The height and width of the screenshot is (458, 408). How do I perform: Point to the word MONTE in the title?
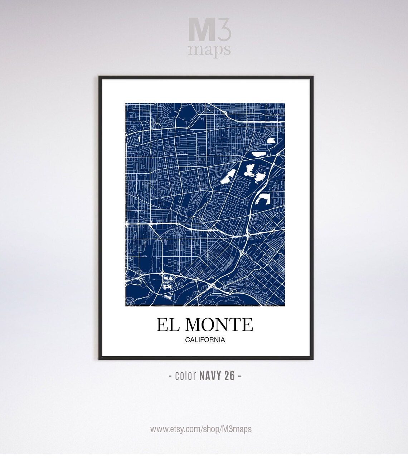(x=219, y=324)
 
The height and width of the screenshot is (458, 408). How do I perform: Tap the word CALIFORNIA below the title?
(x=205, y=340)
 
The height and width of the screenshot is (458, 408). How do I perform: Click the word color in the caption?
(x=185, y=376)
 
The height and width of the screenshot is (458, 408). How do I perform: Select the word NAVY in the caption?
(x=211, y=376)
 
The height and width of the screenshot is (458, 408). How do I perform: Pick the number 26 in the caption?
(x=230, y=376)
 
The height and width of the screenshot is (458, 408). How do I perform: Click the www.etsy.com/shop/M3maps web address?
(x=201, y=429)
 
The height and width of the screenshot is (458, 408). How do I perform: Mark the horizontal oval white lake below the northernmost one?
(x=258, y=154)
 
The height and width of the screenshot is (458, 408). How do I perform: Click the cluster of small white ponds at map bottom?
(x=167, y=285)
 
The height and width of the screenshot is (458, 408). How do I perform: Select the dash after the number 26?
(x=239, y=376)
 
